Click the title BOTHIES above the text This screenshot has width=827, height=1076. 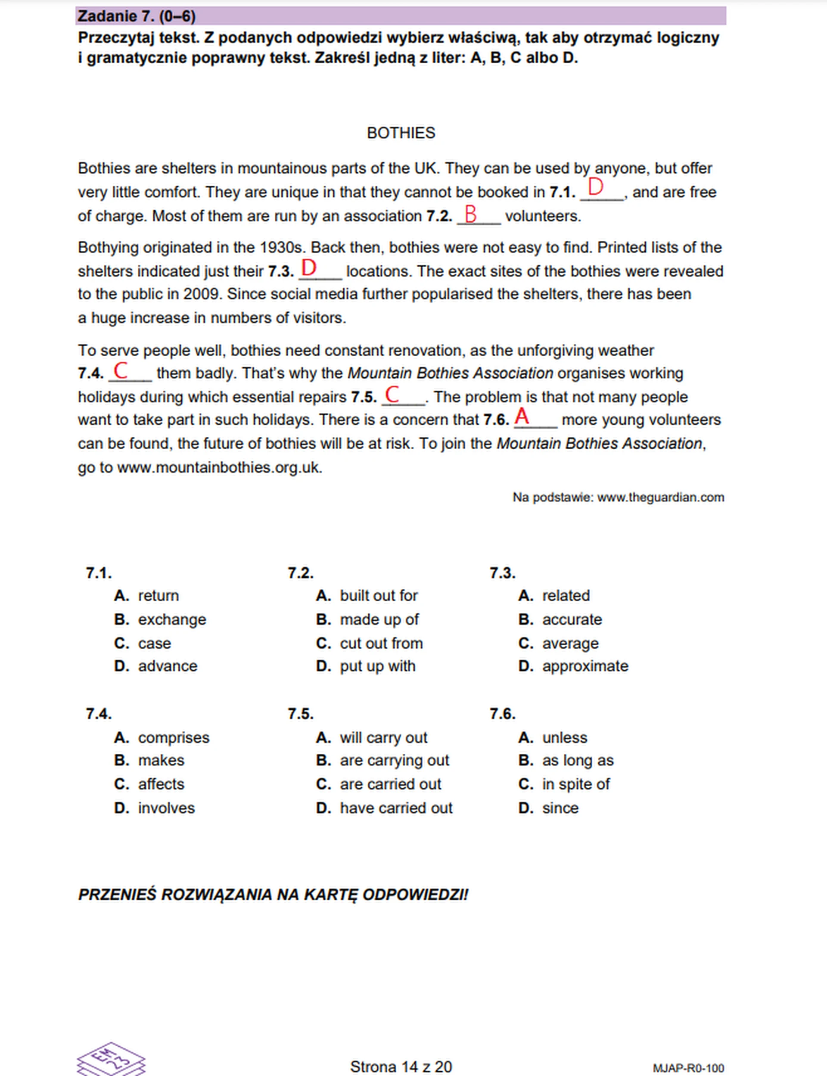click(401, 133)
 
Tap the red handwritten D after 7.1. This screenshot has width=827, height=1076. click(596, 187)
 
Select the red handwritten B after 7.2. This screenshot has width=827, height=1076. click(471, 214)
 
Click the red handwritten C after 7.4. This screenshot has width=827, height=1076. click(121, 370)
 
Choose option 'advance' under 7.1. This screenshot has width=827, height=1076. click(168, 666)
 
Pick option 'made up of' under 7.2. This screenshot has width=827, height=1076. click(379, 619)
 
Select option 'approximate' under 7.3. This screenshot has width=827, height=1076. click(585, 666)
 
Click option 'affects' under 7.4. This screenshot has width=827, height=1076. click(161, 784)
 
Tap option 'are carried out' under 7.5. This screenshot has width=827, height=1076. click(390, 784)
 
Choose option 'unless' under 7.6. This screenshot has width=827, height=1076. click(565, 737)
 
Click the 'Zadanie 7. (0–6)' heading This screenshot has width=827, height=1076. click(137, 16)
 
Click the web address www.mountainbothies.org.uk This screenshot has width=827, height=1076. click(220, 467)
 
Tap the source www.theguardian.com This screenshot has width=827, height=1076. click(660, 497)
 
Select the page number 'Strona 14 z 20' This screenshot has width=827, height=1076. click(401, 1067)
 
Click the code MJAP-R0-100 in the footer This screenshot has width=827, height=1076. click(688, 1068)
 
